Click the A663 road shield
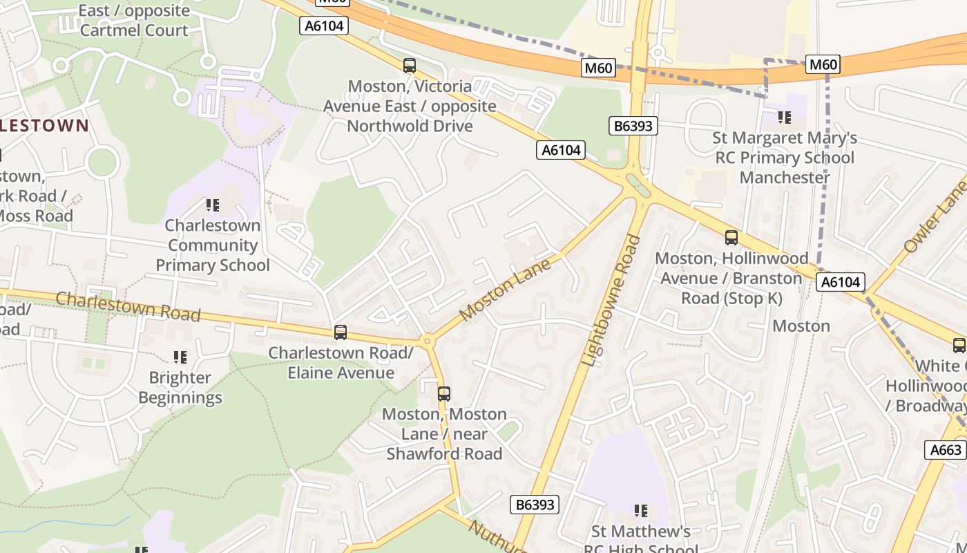[x=946, y=450]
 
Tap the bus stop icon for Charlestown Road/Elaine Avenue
[x=340, y=332]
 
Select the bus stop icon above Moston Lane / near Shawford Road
[x=444, y=394]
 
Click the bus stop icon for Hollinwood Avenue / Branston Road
[x=731, y=238]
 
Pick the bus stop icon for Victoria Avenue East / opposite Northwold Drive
[x=410, y=66]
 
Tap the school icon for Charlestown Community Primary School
[x=213, y=205]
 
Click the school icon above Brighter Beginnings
[x=180, y=357]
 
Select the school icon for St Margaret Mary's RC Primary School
[x=785, y=118]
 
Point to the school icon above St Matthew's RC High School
[x=641, y=511]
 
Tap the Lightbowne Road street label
[x=611, y=301]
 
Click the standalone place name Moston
[x=801, y=326]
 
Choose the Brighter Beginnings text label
[x=180, y=388]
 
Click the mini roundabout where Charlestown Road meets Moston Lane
[x=427, y=340]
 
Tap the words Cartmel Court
[x=134, y=30]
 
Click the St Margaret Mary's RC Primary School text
[x=785, y=158]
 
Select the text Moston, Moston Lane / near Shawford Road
[x=444, y=434]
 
